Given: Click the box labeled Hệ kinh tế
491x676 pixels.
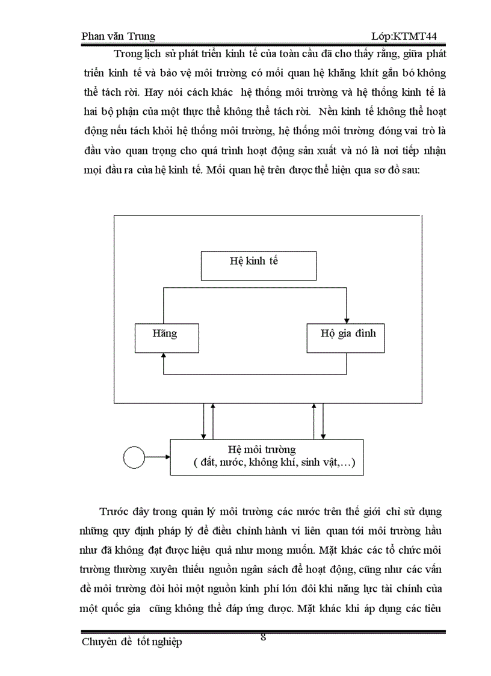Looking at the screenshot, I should tap(258, 266).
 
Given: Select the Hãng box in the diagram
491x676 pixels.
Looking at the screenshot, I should tap(167, 338).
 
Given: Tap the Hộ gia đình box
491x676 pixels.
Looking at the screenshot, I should tap(345, 338).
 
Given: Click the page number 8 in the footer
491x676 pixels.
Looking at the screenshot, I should tap(263, 637).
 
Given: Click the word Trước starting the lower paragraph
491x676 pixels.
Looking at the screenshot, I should tap(116, 512).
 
